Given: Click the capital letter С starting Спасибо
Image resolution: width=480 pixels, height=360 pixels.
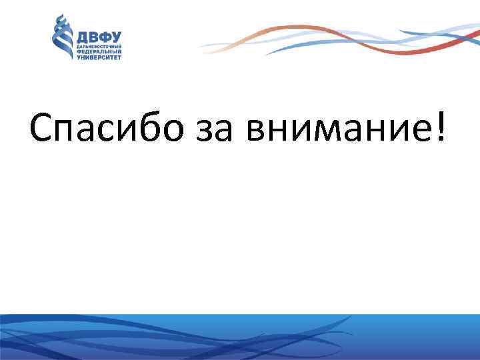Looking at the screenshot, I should [x=41, y=126].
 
